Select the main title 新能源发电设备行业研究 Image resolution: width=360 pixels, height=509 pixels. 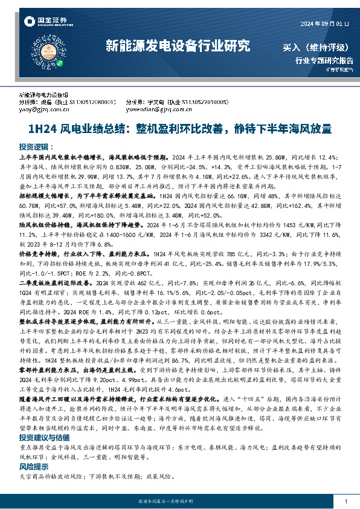178,45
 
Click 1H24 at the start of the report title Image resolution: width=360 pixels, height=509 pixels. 40,129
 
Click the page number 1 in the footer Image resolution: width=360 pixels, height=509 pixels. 345,501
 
